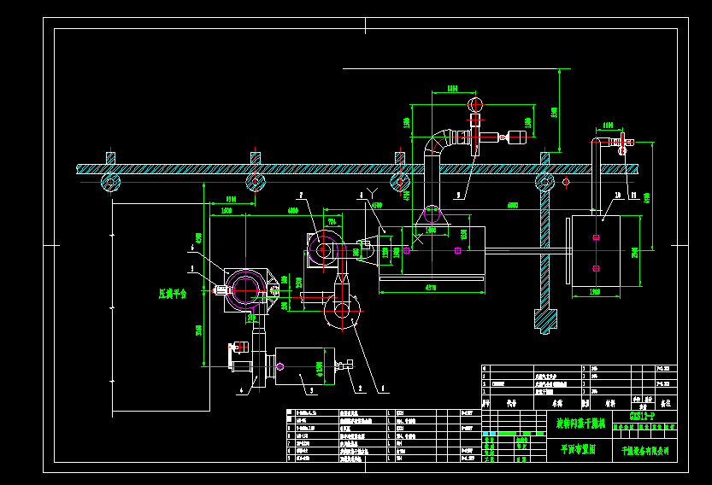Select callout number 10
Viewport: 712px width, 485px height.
(615, 196)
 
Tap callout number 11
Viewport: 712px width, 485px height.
(633, 196)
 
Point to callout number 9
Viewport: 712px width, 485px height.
(458, 195)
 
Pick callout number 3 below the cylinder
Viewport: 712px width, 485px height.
(310, 390)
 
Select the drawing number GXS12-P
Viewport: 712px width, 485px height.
(641, 416)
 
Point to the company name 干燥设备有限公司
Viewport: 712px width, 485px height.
(645, 450)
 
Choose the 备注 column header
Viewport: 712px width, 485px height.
(666, 401)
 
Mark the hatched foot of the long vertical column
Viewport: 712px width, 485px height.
(544, 321)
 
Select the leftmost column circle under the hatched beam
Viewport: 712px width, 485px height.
(110, 182)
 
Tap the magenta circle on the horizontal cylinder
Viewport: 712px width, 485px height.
(280, 367)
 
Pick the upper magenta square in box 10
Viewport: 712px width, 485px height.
(596, 237)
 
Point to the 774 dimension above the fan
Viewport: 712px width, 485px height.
(332, 221)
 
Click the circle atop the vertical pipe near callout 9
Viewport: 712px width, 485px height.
(475, 104)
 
